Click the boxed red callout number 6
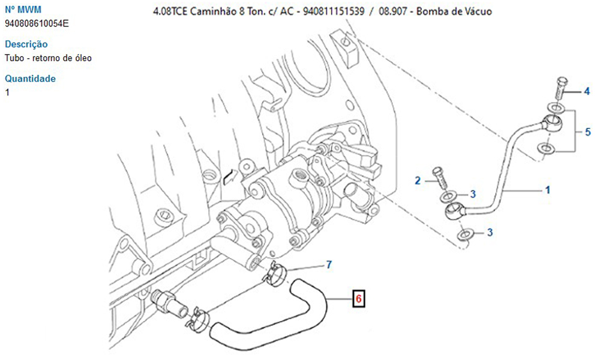(358, 298)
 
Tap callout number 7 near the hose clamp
(329, 265)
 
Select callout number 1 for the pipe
(548, 190)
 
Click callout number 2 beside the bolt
(418, 181)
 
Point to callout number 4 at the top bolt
(587, 91)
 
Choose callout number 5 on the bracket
(588, 132)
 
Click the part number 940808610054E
(37, 24)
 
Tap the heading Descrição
(26, 44)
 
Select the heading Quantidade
(30, 79)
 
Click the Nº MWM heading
(23, 9)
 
